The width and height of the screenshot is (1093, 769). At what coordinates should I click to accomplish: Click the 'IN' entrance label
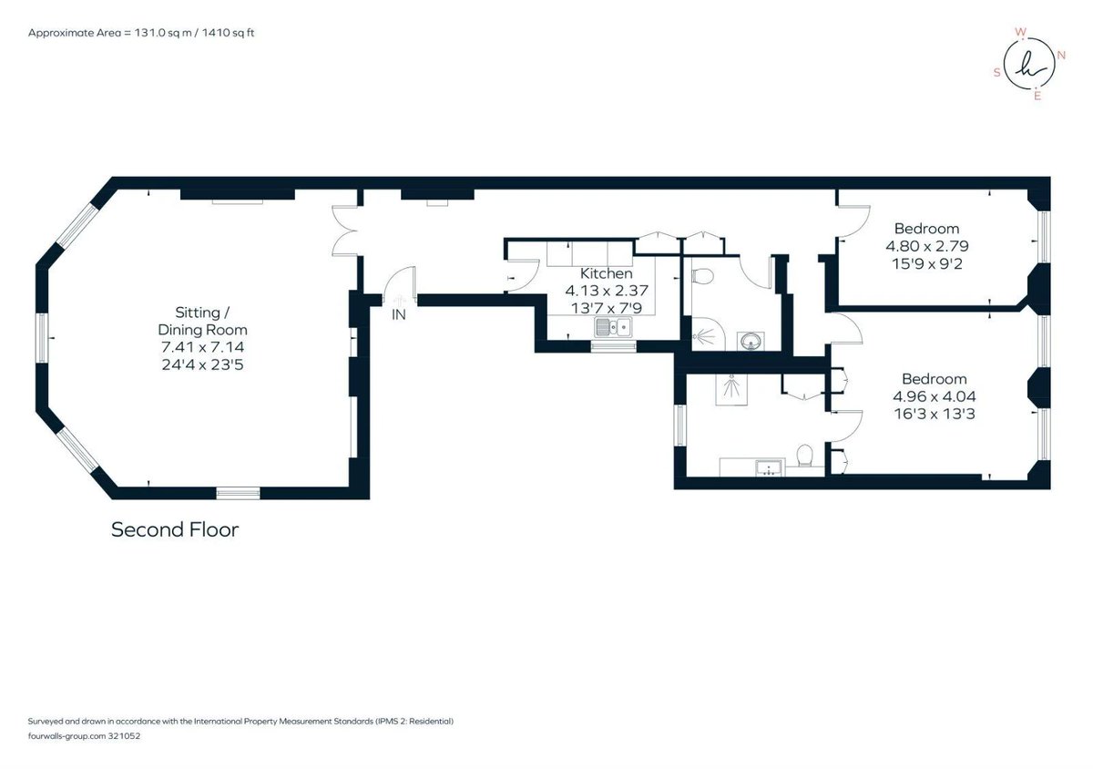click(x=399, y=315)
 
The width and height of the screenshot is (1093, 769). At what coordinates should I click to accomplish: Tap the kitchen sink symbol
click(x=613, y=326)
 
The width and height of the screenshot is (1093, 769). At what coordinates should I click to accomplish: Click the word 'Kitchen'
click(x=606, y=273)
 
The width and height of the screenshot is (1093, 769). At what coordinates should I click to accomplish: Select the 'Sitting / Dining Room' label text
click(x=202, y=321)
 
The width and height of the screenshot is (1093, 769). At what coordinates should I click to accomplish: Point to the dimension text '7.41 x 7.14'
click(x=202, y=347)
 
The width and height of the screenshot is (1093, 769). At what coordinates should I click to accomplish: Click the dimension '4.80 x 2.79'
click(x=927, y=246)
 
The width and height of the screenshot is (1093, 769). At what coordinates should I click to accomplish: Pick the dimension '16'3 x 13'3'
click(x=935, y=414)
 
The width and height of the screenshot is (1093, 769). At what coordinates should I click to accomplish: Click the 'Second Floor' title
click(x=175, y=529)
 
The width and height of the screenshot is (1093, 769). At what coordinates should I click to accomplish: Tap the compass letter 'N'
click(x=1061, y=56)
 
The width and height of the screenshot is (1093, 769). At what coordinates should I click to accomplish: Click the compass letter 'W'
click(x=1020, y=32)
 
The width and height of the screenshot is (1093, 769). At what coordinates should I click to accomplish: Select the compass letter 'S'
click(x=996, y=73)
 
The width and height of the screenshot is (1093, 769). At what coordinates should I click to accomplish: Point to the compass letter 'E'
click(x=1037, y=97)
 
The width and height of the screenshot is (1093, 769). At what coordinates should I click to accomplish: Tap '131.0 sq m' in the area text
click(x=162, y=33)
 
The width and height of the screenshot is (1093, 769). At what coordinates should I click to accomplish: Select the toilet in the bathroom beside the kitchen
click(x=703, y=276)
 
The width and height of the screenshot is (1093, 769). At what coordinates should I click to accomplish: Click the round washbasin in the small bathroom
click(x=751, y=341)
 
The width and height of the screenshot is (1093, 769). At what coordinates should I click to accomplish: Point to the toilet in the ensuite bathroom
click(x=804, y=456)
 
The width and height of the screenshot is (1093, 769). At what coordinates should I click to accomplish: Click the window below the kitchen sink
click(x=613, y=346)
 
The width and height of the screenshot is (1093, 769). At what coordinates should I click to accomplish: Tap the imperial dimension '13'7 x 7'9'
click(x=607, y=308)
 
